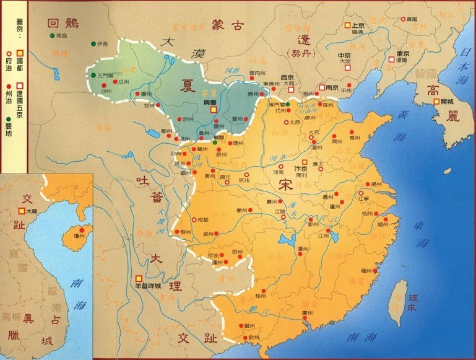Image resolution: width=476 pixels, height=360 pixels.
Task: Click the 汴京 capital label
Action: click(x=301, y=169)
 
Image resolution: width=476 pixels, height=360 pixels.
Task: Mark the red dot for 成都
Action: click(x=192, y=220)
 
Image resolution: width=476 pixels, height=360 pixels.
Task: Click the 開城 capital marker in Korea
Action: click(x=437, y=100)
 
